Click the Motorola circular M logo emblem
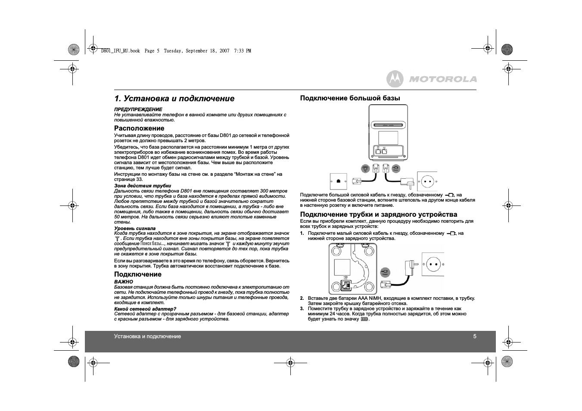tap(395, 79)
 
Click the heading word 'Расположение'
tap(139, 128)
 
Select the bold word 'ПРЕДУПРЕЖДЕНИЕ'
tap(138, 109)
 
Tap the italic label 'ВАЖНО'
tap(124, 282)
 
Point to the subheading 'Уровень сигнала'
tap(135, 228)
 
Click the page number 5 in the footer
tap(475, 336)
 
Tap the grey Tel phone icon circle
tap(365, 169)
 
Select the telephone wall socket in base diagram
tap(338, 181)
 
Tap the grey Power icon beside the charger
tap(385, 272)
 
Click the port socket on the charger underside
tap(345, 285)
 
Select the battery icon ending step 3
tap(364, 319)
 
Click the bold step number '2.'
tap(302, 298)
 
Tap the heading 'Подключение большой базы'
tap(350, 98)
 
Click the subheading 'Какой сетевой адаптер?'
tap(145, 309)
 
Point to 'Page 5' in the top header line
tap(152, 51)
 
